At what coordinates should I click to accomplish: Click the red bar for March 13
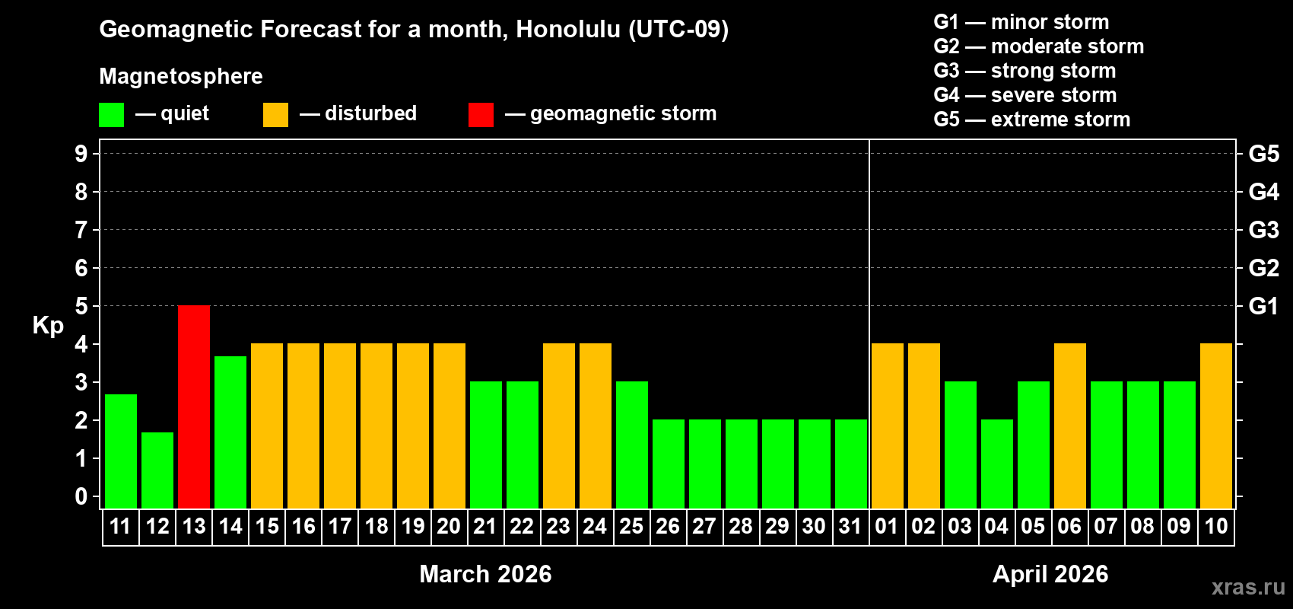coord(194,407)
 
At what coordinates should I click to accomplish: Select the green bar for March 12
coord(157,470)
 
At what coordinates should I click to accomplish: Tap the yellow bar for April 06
coord(1069,426)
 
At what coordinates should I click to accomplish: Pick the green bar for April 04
coord(996,464)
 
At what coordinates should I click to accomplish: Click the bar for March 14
coord(230,432)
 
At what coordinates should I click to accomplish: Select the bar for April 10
coord(1215,426)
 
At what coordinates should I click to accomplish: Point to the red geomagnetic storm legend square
coord(481,115)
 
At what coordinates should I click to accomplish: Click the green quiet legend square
coord(112,115)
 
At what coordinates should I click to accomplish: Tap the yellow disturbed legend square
coord(275,115)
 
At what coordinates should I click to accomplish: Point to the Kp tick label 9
coord(81,154)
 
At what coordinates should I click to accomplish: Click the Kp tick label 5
coord(81,306)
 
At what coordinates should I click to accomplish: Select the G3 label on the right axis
coord(1263,230)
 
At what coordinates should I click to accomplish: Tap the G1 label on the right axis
coord(1263,306)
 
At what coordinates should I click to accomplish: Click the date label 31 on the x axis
coord(850,527)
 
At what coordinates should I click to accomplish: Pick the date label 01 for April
coord(887,527)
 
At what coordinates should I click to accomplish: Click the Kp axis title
coord(48,326)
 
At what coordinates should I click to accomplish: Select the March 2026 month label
coord(485,574)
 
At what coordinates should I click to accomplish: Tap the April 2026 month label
coord(1050,574)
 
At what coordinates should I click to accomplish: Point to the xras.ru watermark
coord(1248,587)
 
